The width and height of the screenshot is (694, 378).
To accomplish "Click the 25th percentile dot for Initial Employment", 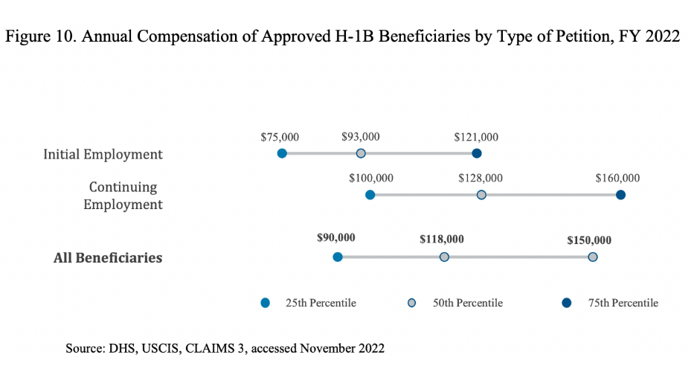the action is click(282, 153).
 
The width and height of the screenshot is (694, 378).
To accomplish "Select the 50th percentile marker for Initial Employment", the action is click(361, 153).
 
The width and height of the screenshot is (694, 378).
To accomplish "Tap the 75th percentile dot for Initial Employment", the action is click(477, 153).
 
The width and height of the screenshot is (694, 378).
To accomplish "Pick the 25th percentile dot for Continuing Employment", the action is click(370, 195).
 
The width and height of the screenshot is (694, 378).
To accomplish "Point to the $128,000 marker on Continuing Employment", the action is click(481, 195).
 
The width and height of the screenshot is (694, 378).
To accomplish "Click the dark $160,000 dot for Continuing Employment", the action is click(620, 195).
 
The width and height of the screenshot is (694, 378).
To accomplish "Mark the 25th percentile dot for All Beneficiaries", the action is click(338, 257).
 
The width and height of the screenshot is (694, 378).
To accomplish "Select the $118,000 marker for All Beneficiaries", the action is click(444, 257).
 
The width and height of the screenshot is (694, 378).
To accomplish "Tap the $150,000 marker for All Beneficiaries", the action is click(593, 257).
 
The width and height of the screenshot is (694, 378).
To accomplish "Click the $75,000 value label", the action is click(280, 137).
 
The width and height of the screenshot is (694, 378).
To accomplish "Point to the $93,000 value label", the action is click(361, 137).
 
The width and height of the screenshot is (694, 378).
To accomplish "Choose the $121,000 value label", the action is click(476, 137).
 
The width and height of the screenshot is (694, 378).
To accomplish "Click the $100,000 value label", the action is click(371, 179).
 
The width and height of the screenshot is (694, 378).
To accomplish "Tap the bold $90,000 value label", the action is click(336, 237).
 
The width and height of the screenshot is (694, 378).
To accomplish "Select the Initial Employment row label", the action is click(103, 155).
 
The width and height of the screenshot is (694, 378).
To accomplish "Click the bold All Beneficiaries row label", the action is click(108, 257).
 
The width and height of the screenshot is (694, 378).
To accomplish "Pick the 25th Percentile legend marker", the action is click(265, 303).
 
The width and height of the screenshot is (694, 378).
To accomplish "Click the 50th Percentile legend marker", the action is click(411, 303).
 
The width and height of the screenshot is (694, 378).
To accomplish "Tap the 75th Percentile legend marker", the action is click(567, 303).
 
